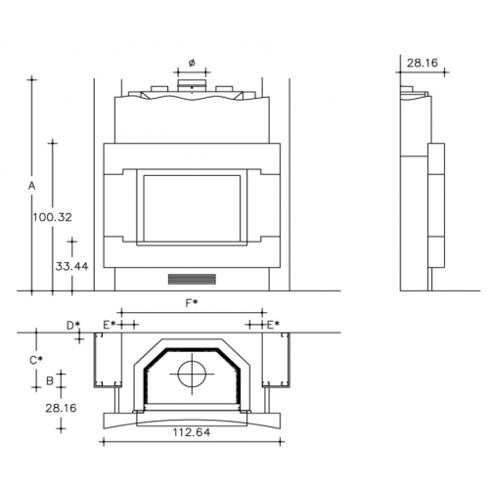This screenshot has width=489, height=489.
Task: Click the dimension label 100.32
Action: pos(52,217)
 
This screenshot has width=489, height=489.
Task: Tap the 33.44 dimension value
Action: pos(71,266)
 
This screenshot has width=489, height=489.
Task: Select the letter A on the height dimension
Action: pos(31,186)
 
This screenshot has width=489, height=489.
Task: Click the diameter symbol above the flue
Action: pos(192,63)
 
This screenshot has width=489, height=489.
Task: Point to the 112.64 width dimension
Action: pos(192,432)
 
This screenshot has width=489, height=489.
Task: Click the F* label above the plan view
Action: pos(192,303)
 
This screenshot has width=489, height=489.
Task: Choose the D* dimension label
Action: pos(73,325)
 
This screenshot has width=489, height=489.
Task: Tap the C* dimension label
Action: pos(36,360)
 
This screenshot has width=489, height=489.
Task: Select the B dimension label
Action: pos(50,380)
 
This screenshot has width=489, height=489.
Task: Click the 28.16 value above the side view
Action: pos(422,63)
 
